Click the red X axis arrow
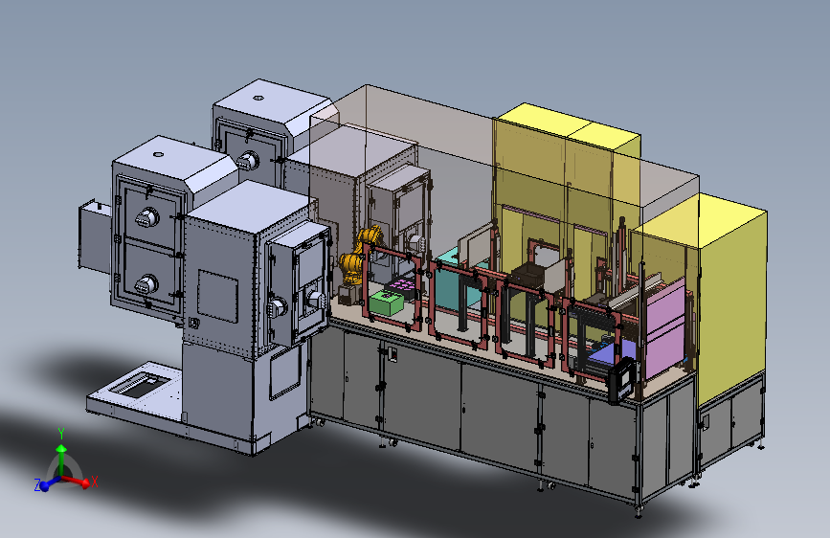point(77,481)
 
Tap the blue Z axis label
point(37,485)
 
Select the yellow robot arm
point(358,255)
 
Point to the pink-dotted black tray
point(402,286)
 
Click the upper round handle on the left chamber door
point(146,217)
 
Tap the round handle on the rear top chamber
point(248,160)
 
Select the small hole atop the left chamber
point(158,155)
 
